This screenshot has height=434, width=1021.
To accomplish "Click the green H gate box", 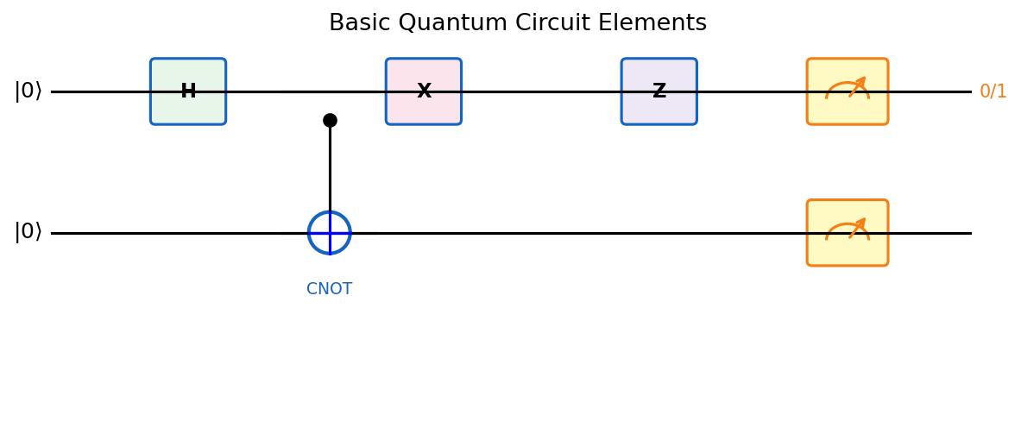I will pyautogui.click(x=188, y=91).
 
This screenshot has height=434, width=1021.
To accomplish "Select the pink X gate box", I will pyautogui.click(x=423, y=91).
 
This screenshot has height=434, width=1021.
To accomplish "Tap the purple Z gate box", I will pyautogui.click(x=659, y=91).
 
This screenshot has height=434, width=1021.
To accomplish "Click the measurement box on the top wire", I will pyautogui.click(x=847, y=91).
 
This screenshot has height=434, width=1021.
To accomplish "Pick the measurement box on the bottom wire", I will pyautogui.click(x=847, y=233).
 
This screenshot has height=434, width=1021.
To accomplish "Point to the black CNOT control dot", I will pyautogui.click(x=330, y=120).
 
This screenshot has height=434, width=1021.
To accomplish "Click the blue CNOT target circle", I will pyautogui.click(x=330, y=233).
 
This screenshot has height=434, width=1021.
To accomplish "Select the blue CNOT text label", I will pyautogui.click(x=329, y=290).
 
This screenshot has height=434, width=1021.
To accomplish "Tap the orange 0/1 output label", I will pyautogui.click(x=993, y=91).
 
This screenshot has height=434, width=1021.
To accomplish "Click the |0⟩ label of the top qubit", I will pyautogui.click(x=28, y=91).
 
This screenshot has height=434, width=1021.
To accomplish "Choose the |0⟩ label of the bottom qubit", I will pyautogui.click(x=28, y=232).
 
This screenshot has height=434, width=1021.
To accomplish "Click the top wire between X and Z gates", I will pyautogui.click(x=541, y=91).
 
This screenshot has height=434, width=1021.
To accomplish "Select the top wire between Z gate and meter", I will pyautogui.click(x=752, y=91).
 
